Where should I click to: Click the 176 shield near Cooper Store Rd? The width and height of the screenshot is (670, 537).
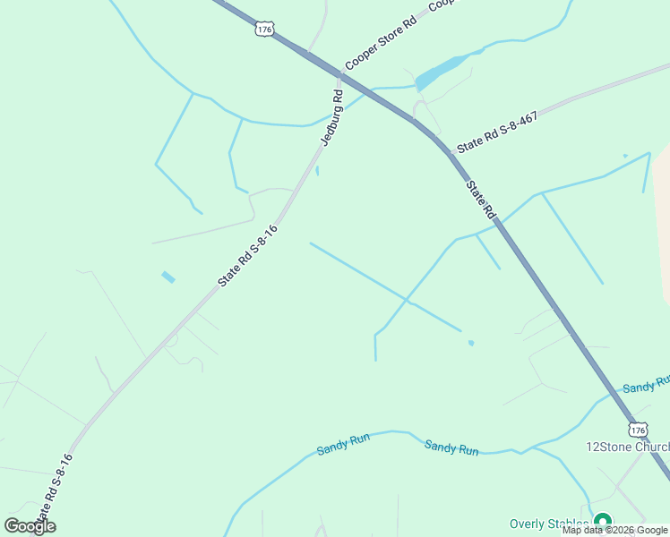click(263, 30)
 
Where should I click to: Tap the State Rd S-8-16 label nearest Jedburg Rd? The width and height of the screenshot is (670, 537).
click(248, 256)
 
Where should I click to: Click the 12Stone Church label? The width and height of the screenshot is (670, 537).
click(627, 447)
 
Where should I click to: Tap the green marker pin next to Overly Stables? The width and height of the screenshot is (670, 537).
click(603, 521)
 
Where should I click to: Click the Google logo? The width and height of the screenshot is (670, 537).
click(30, 526)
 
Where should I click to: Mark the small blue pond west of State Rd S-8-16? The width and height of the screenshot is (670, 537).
click(168, 277)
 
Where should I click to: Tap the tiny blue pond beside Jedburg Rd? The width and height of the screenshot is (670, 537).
click(317, 170)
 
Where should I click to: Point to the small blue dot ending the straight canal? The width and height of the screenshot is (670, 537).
click(471, 342)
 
